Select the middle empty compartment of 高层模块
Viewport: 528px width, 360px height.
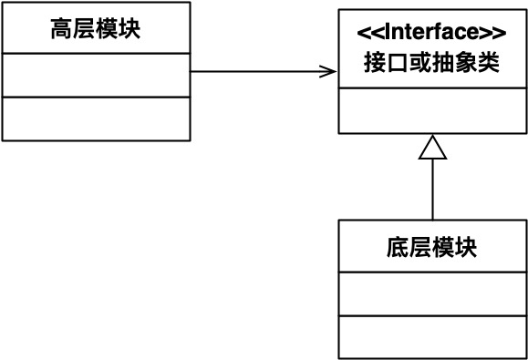point(96,75)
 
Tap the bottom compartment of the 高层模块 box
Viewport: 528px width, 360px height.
point(96,118)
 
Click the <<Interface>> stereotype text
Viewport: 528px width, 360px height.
point(432,34)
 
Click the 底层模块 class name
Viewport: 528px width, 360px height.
point(432,247)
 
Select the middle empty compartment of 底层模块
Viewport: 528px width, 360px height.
point(432,293)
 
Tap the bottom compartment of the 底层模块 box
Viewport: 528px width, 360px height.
point(432,336)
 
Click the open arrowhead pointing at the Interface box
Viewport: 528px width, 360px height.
point(329,71)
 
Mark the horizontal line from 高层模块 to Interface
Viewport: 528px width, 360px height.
point(255,71)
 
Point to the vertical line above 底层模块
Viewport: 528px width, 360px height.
point(432,191)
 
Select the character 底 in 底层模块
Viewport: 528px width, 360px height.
point(399,247)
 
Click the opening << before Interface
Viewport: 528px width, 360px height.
point(369,34)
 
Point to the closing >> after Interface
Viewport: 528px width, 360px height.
point(493,34)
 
